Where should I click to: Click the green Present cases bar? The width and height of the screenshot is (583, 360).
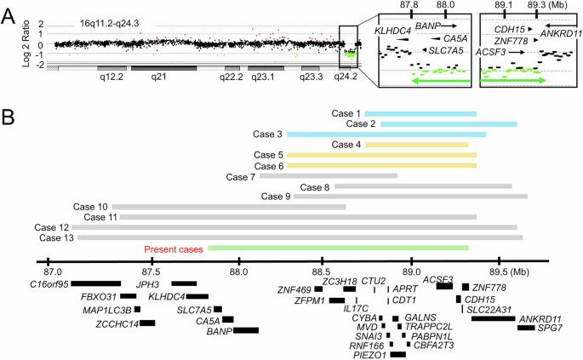pyautogui.click(x=338, y=248)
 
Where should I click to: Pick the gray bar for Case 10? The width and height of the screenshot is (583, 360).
pyautogui.click(x=228, y=207)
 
